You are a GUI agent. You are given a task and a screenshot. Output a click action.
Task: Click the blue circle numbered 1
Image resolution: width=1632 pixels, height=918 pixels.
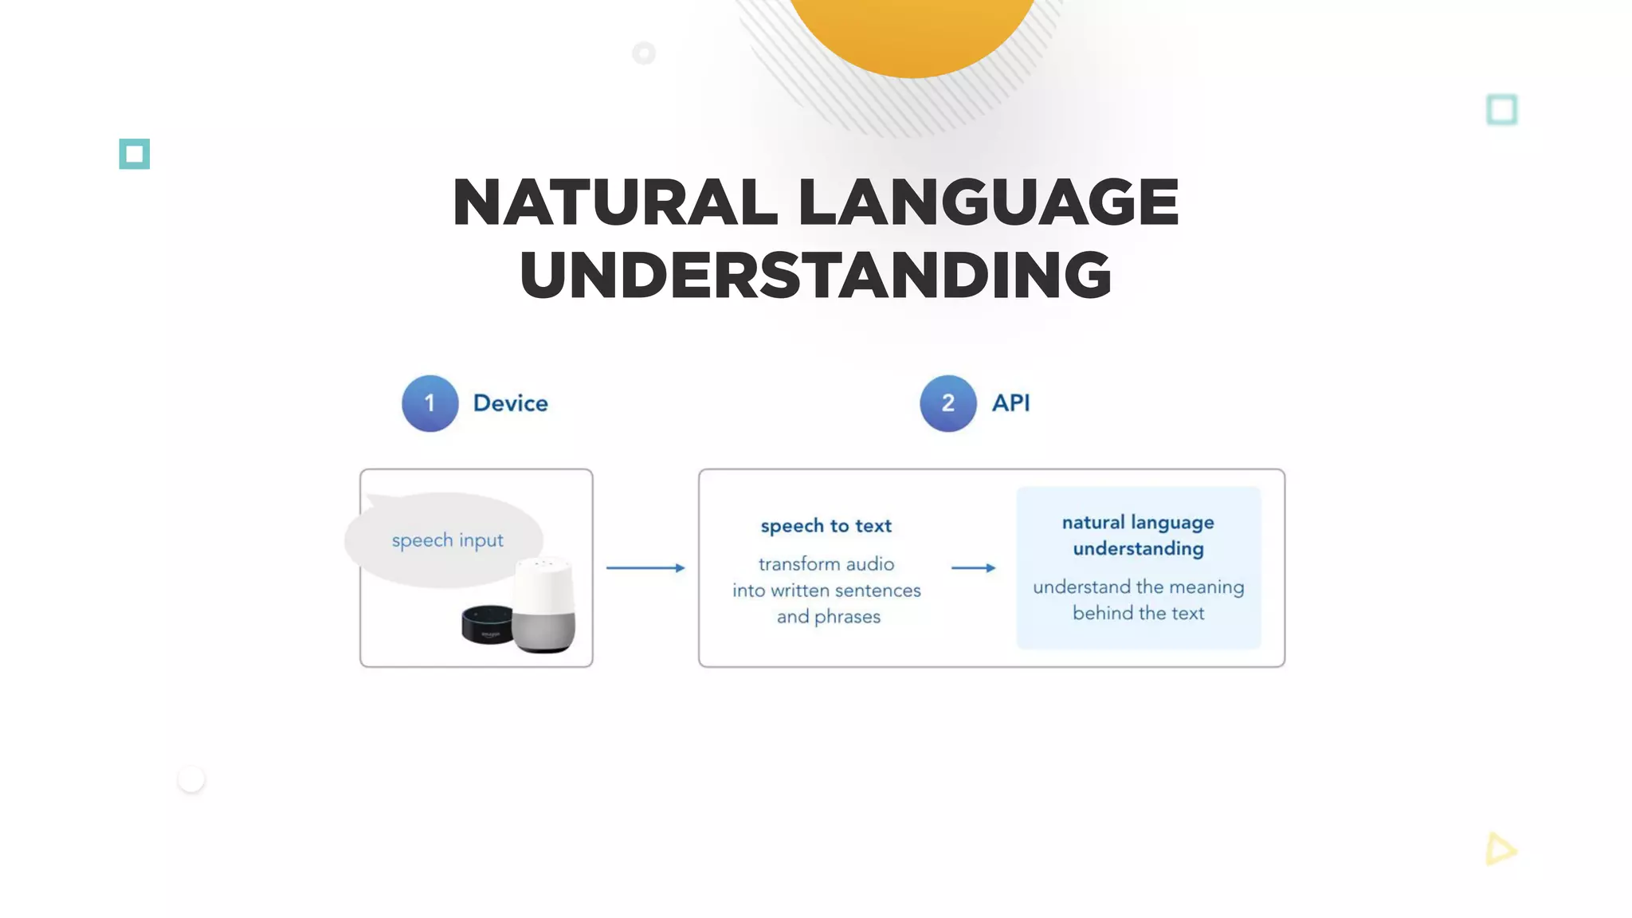pos(430,403)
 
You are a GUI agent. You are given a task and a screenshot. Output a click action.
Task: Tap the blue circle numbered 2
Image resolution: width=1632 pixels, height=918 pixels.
pos(947,403)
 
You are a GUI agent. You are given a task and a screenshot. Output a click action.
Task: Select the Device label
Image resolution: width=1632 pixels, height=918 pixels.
pos(510,403)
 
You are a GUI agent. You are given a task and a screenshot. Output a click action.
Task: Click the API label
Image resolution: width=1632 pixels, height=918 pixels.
pos(1010,403)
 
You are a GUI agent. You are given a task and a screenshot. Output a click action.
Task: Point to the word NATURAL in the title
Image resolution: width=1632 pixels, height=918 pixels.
pos(614,202)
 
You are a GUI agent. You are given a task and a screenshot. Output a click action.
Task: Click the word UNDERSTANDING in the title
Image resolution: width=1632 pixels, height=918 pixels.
pos(815,275)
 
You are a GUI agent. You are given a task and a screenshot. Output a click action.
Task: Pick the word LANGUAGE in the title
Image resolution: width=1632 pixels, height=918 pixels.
pos(988,202)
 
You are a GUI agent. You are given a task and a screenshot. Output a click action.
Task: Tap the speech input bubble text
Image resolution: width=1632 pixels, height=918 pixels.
pos(447,540)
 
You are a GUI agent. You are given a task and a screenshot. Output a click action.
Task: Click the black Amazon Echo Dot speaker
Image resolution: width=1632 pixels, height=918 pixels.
pos(487,625)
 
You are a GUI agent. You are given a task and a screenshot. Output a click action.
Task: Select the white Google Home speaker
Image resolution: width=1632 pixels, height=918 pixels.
pos(544,605)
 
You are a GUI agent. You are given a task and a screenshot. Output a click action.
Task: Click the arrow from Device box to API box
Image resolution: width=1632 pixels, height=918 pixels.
pos(645,568)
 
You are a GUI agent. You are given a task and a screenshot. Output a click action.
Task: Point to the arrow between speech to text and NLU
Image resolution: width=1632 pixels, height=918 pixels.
pos(973,568)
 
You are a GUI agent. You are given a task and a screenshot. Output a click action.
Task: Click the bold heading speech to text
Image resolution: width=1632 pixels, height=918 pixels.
pos(826,526)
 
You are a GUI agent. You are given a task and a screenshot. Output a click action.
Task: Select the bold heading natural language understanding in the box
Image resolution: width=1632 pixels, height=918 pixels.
pos(1138,535)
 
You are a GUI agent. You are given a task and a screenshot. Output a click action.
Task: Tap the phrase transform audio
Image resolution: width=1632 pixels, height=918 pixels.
pos(826,564)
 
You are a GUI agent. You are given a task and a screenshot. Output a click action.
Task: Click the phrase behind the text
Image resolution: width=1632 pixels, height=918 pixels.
pos(1138,613)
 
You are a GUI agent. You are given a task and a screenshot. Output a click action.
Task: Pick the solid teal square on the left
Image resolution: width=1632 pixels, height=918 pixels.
pos(135,154)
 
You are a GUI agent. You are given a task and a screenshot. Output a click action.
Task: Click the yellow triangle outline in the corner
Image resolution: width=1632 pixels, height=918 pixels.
pos(1500,849)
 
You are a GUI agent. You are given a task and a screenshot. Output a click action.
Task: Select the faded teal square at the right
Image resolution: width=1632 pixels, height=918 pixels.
pos(1502,110)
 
